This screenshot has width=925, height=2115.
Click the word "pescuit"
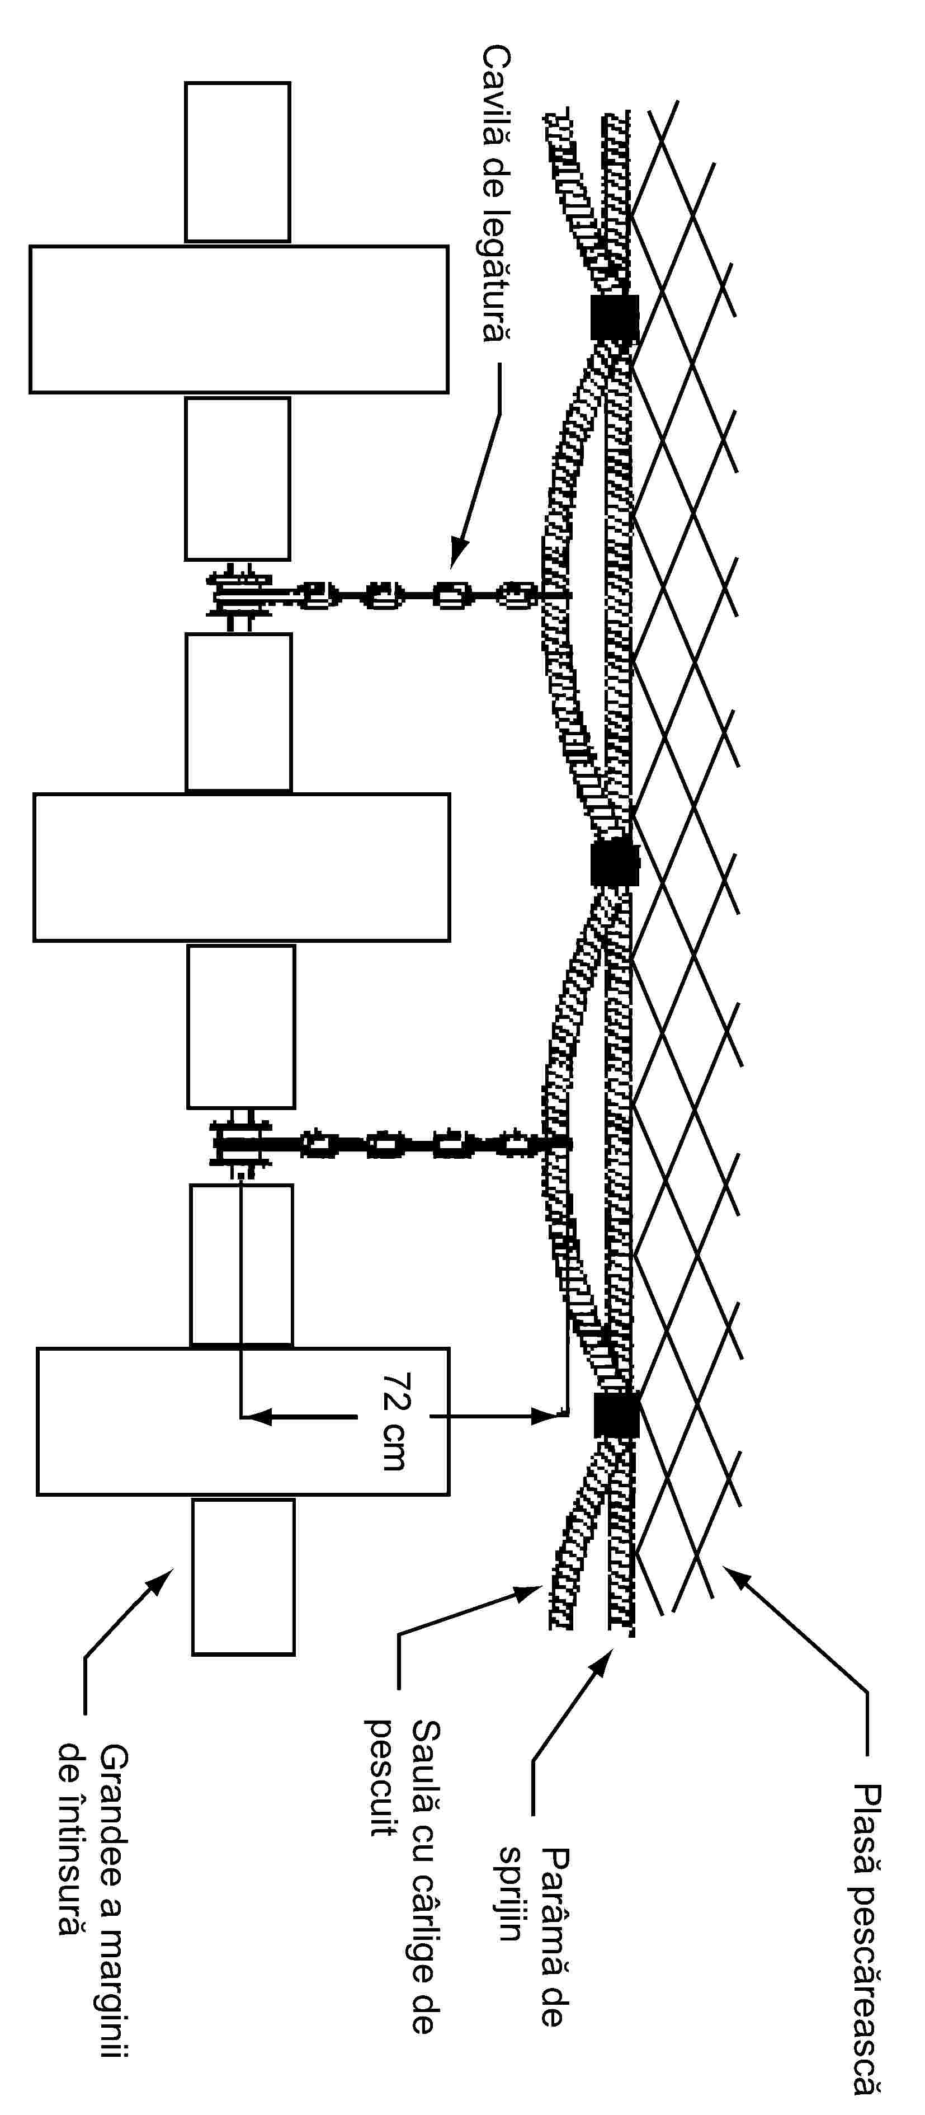point(381,1776)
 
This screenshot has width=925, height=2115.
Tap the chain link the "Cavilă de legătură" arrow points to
point(450,595)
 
